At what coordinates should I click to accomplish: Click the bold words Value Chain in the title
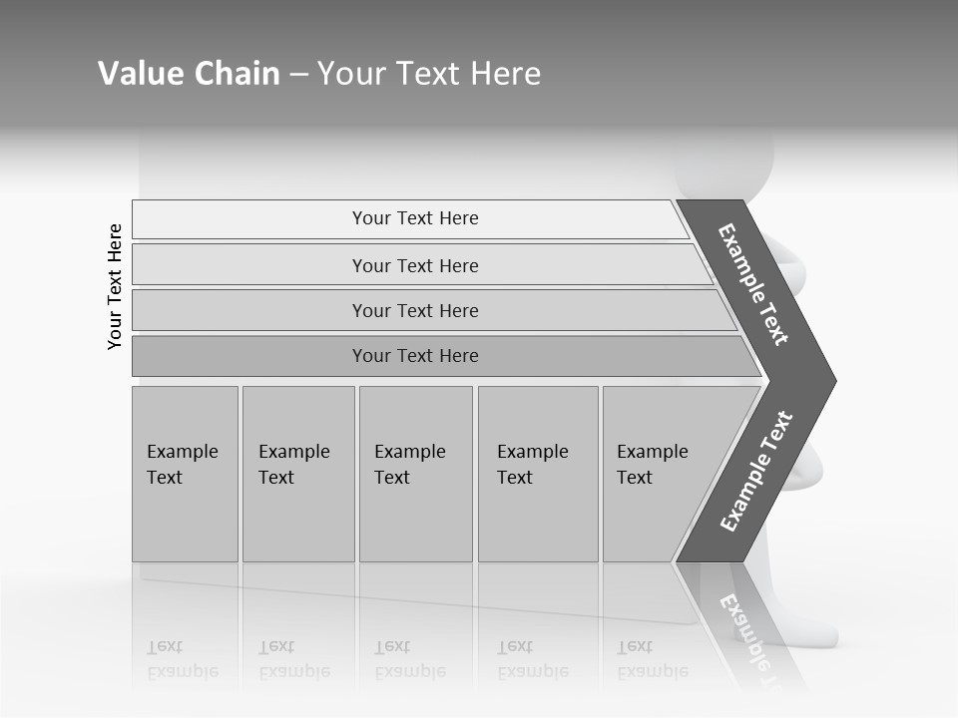189,74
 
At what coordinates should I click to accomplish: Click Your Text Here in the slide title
429,74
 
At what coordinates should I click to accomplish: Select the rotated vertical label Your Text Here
115,286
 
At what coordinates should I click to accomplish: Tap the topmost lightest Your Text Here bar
415,218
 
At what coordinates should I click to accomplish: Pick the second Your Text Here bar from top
415,265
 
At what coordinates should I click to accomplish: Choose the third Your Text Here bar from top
415,310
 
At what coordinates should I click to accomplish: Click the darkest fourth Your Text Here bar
415,356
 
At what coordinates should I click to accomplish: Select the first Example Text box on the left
185,474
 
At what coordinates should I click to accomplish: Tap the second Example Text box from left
297,474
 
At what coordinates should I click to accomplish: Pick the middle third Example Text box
415,474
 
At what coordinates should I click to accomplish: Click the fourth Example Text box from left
537,474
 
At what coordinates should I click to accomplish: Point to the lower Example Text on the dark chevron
756,471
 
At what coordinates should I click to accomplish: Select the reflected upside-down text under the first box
182,659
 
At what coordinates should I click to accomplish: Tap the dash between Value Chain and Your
298,75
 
